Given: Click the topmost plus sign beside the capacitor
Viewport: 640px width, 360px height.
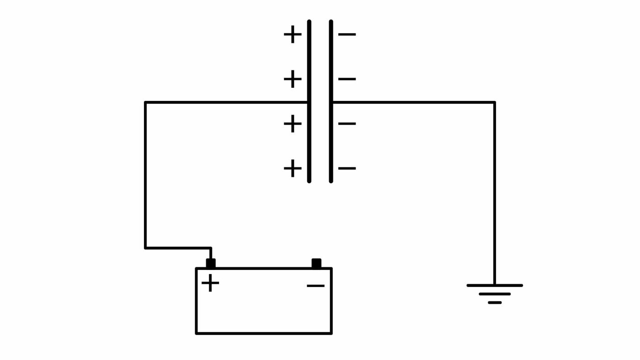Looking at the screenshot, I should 293,34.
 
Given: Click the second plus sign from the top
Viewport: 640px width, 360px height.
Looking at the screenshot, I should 293,79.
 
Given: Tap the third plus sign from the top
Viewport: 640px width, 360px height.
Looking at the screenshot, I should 293,124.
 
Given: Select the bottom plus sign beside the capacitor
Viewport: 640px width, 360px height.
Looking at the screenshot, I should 293,169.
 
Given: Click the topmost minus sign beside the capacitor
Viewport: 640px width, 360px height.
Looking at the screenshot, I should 347,34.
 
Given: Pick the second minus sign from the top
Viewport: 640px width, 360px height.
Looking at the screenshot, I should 347,79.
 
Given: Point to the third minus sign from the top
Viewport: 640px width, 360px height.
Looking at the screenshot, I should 347,124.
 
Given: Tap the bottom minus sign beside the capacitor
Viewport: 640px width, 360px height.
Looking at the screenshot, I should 347,169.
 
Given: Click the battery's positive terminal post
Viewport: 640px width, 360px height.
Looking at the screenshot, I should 211,264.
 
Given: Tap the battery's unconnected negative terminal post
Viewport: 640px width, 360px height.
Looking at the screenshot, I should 316,264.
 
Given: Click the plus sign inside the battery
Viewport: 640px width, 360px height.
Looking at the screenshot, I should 210,283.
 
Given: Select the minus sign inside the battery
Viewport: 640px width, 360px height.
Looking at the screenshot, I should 315,286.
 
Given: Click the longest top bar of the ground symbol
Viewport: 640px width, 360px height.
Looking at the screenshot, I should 495,286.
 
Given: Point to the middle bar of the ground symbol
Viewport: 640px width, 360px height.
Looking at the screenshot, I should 495,294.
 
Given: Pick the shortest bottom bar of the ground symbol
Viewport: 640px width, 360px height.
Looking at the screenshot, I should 495,302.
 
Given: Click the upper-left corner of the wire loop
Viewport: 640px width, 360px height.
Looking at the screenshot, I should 146,103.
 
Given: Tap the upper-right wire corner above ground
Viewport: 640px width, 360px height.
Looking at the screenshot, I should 494,103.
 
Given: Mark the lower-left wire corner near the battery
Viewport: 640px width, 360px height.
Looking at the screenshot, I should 146,248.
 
